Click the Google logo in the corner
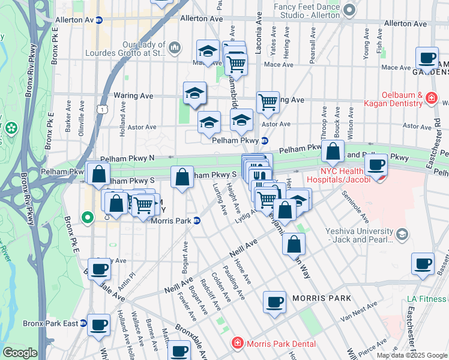click(x=19, y=353)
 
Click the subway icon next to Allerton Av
click(x=99, y=20)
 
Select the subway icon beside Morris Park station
click(x=197, y=221)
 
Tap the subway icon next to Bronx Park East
click(x=83, y=323)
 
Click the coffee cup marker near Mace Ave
click(x=427, y=58)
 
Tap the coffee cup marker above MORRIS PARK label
click(x=275, y=302)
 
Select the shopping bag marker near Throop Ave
click(x=332, y=152)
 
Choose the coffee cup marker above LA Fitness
click(x=423, y=264)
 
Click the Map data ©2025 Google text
click(x=411, y=355)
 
